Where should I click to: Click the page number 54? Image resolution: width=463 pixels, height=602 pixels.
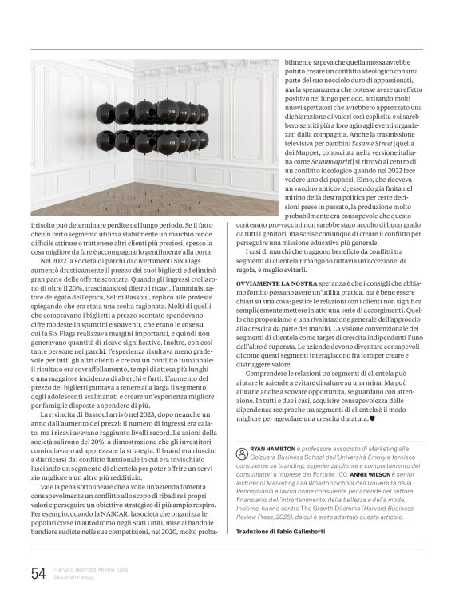coord(38,573)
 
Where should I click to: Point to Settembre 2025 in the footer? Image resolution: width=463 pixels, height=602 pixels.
coord(74,577)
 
